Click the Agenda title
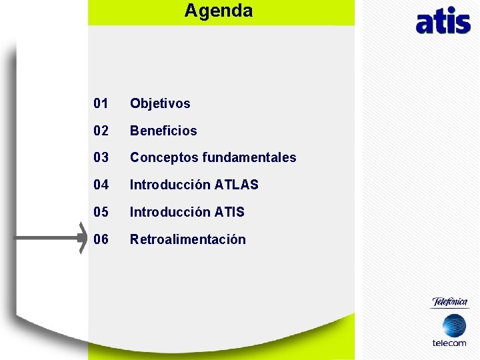[219, 11]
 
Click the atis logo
[443, 21]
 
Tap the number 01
[101, 103]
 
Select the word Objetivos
[160, 103]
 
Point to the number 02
[101, 131]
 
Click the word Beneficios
[163, 131]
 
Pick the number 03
[101, 157]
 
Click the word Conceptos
[163, 157]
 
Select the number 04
[101, 185]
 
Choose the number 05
[101, 212]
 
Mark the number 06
[101, 239]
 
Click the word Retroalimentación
[188, 239]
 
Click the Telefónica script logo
[450, 302]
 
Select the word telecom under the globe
[449, 343]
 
